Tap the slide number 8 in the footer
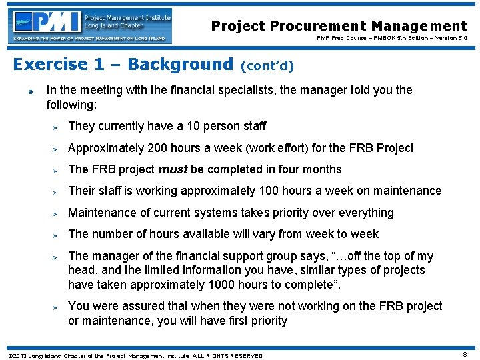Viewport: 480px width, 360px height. click(x=464, y=355)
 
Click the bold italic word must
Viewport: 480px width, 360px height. click(x=173, y=169)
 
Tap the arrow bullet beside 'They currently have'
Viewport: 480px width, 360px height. click(x=57, y=127)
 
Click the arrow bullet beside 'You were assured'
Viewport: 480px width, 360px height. click(x=57, y=307)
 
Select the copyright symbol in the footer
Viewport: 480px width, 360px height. click(x=9, y=355)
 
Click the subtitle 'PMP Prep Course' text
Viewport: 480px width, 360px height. click(x=339, y=39)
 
